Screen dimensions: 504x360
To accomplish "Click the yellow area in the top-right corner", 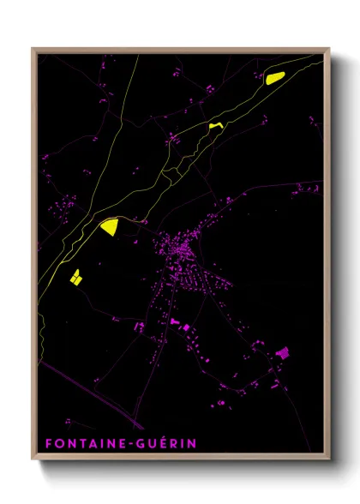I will click(274, 78).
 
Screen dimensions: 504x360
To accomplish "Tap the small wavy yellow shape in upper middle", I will click(214, 126).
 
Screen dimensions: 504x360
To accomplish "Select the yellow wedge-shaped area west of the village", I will click(110, 227).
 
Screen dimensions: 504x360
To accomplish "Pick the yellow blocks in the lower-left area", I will click(75, 277).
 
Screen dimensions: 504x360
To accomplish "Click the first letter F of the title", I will click(49, 444).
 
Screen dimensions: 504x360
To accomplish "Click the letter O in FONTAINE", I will click(58, 444).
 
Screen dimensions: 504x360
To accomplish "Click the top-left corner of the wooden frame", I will click(33, 49).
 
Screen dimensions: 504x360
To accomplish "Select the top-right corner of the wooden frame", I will click(329, 49).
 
